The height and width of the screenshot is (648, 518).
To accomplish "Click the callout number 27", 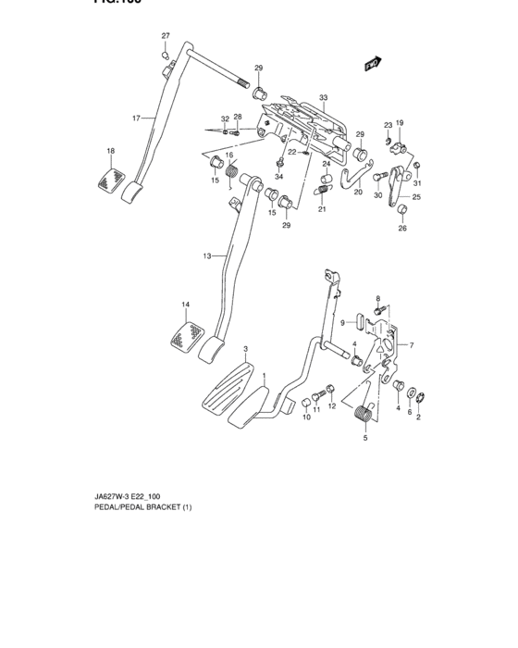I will [166, 36].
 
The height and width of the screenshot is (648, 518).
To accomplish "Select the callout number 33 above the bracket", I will [324, 98].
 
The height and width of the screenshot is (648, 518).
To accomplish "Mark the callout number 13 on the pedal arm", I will [207, 255].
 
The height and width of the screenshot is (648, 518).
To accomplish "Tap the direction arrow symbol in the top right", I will [374, 63].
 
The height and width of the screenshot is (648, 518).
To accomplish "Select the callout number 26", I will [402, 231].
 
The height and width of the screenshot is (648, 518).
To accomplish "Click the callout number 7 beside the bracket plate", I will [412, 345].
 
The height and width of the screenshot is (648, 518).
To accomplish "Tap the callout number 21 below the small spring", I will [323, 210].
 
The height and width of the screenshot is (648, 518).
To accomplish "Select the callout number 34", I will [280, 177].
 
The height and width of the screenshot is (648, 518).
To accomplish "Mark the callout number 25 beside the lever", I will [416, 197].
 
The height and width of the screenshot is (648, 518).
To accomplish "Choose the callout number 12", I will [331, 406].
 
